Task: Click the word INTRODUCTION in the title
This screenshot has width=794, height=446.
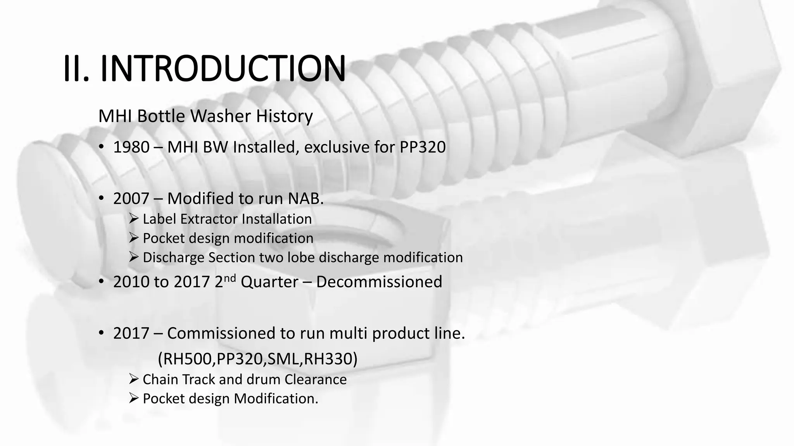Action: [x=223, y=69]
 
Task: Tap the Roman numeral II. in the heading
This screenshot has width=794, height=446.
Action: [x=76, y=69]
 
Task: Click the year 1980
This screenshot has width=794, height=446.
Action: [x=131, y=148]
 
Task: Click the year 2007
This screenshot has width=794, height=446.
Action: [x=131, y=199]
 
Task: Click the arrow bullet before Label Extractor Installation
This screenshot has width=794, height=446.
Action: [x=134, y=219]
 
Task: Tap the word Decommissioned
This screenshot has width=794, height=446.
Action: [x=379, y=282]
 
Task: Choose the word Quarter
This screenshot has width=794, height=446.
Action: [x=269, y=282]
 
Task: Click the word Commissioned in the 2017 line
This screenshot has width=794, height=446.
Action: [x=229, y=333]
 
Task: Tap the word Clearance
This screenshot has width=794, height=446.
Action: [x=315, y=379]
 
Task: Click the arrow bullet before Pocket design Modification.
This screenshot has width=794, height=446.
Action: [x=134, y=398]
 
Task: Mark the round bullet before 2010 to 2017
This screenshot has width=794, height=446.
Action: [x=102, y=281]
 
